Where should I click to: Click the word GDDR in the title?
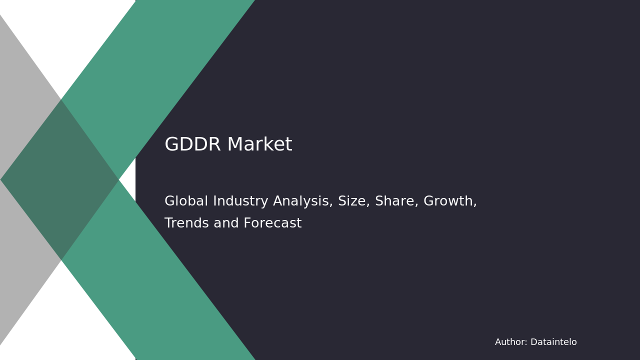[x=192, y=145]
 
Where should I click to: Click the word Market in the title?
[x=259, y=145]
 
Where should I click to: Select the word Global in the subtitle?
[x=185, y=201]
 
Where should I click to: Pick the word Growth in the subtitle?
[x=448, y=201]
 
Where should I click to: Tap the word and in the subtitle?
[x=224, y=223]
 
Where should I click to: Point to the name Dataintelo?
[x=553, y=342]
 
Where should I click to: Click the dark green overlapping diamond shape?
[x=60, y=180]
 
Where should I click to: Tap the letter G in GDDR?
[x=171, y=145]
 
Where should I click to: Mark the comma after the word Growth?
[x=475, y=205]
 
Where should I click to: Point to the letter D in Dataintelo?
[x=533, y=342]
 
